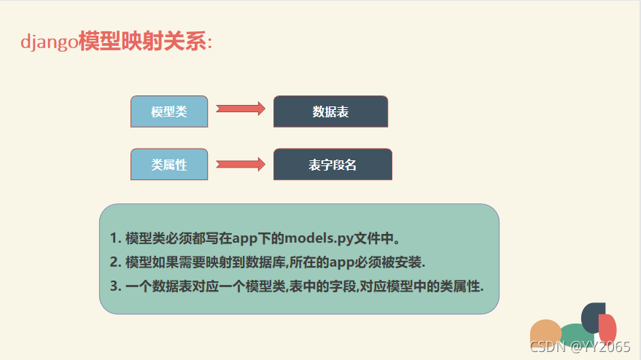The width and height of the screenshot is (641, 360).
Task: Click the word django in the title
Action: coord(49,42)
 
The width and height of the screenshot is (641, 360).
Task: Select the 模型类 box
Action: coord(169,111)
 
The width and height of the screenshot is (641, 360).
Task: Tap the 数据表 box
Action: coord(330,111)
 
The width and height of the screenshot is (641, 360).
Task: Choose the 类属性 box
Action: coord(169,165)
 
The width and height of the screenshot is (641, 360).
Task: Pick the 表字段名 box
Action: coord(333,165)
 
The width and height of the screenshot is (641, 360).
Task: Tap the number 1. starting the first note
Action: coord(115,238)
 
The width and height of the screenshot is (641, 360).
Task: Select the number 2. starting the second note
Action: coord(115,262)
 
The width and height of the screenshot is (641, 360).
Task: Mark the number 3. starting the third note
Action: coord(115,285)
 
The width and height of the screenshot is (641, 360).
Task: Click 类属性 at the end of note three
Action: coord(460,285)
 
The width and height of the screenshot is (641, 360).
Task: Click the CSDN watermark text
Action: coord(580,346)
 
